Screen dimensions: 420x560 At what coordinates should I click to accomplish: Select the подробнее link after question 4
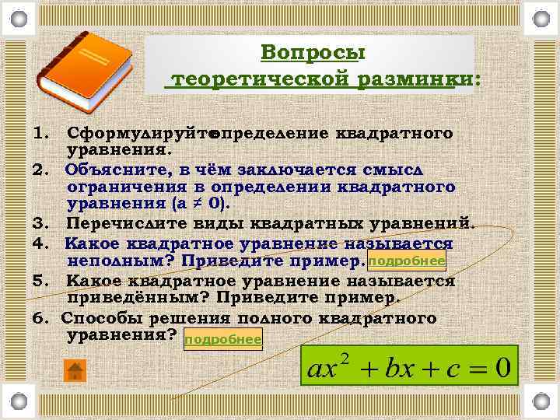(406, 261)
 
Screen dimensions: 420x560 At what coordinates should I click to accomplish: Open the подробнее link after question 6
(223, 339)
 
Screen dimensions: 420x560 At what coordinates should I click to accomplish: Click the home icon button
(75, 370)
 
